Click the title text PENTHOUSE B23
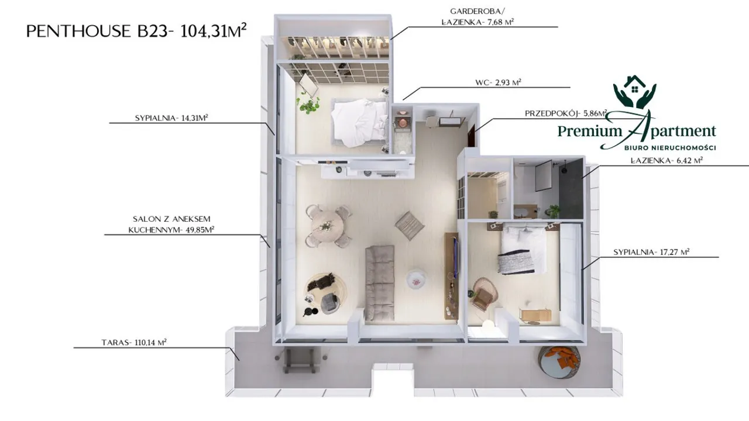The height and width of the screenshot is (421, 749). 97,32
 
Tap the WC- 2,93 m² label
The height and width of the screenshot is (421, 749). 498,82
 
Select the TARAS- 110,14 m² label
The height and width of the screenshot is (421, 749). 134,343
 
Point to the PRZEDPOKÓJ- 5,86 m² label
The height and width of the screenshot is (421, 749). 566,113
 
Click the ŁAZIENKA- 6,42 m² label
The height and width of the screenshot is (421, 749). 666,161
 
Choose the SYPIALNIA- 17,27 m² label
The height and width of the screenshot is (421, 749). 651,252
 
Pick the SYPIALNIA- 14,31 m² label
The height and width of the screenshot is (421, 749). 171,118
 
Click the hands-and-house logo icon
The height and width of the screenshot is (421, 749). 635,92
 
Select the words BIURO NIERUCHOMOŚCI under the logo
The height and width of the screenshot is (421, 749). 671,148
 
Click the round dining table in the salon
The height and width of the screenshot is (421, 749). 327,226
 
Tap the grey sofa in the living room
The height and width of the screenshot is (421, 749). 380,283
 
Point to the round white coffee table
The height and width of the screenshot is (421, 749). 416,279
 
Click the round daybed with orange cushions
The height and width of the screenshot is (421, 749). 559,363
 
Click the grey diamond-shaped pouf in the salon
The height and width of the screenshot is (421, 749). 410,226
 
